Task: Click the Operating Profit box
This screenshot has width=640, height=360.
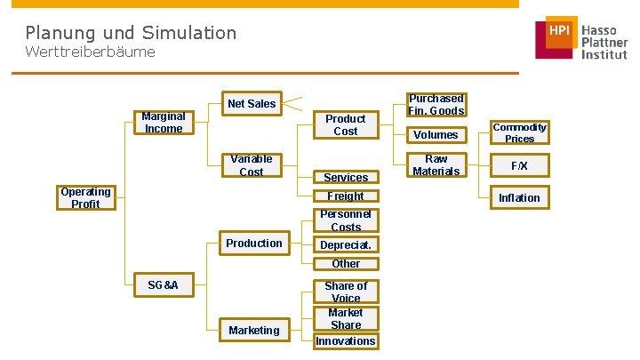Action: click(x=85, y=197)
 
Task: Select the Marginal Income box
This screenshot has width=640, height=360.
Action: click(x=164, y=122)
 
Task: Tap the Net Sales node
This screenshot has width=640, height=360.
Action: click(x=252, y=104)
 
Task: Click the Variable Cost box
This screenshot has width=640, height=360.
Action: click(x=252, y=165)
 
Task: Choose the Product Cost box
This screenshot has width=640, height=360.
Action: click(x=345, y=124)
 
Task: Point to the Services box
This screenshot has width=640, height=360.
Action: click(x=345, y=177)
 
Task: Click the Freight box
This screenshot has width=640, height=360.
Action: click(x=345, y=196)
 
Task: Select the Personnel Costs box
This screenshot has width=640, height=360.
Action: click(x=345, y=220)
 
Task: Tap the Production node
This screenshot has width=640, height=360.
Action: click(x=254, y=244)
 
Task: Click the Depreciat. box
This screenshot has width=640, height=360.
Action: click(x=345, y=244)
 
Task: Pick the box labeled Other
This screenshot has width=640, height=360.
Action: click(x=345, y=263)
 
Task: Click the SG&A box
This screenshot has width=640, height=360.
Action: click(x=164, y=285)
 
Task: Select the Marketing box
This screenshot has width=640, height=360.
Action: click(x=254, y=331)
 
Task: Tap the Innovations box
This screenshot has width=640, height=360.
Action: click(x=345, y=341)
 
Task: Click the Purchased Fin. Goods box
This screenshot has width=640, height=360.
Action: click(x=436, y=104)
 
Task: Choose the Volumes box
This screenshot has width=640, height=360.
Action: click(x=436, y=135)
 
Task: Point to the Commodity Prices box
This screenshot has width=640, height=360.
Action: click(x=520, y=132)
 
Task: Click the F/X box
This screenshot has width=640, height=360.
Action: click(x=520, y=166)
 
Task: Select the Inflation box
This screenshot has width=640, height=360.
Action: click(x=520, y=197)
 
